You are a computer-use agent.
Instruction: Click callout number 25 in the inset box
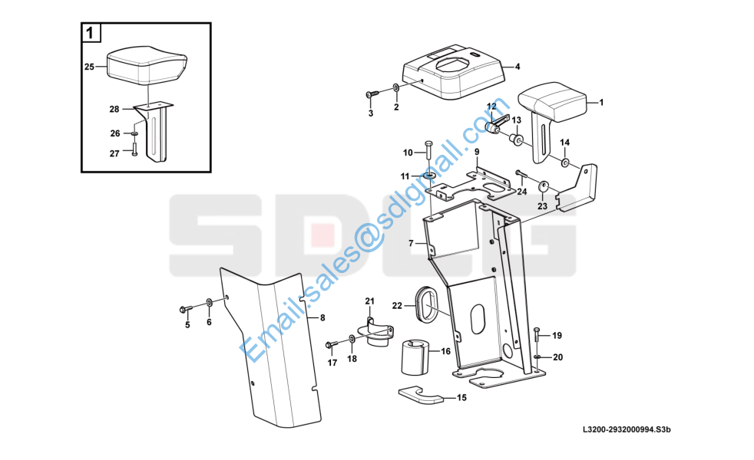(89, 67)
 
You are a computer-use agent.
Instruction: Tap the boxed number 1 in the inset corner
(90, 34)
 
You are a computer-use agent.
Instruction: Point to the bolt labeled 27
(134, 149)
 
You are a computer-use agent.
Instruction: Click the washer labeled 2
(395, 88)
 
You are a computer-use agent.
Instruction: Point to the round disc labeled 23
(544, 186)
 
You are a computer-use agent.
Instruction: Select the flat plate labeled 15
(422, 395)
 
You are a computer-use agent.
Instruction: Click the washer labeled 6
(210, 303)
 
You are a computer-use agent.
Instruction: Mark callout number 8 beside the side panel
(322, 317)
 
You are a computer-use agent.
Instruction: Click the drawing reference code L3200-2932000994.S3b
(627, 429)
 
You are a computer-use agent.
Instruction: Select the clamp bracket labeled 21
(376, 331)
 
